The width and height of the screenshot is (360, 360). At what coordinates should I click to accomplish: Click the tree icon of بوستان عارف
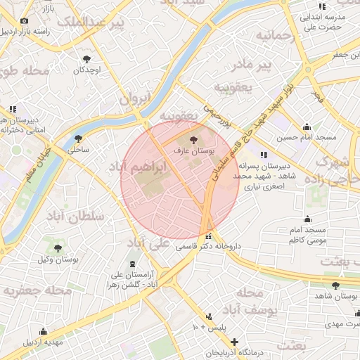193,139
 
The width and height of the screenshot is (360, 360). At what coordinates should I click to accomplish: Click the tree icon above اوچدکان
87,59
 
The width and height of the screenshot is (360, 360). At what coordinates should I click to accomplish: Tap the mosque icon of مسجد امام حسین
307,127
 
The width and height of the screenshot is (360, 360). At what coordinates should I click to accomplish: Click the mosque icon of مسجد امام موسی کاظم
307,219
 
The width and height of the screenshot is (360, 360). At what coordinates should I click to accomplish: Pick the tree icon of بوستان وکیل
58,248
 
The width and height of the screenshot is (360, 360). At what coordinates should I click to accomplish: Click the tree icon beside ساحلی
77,139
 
